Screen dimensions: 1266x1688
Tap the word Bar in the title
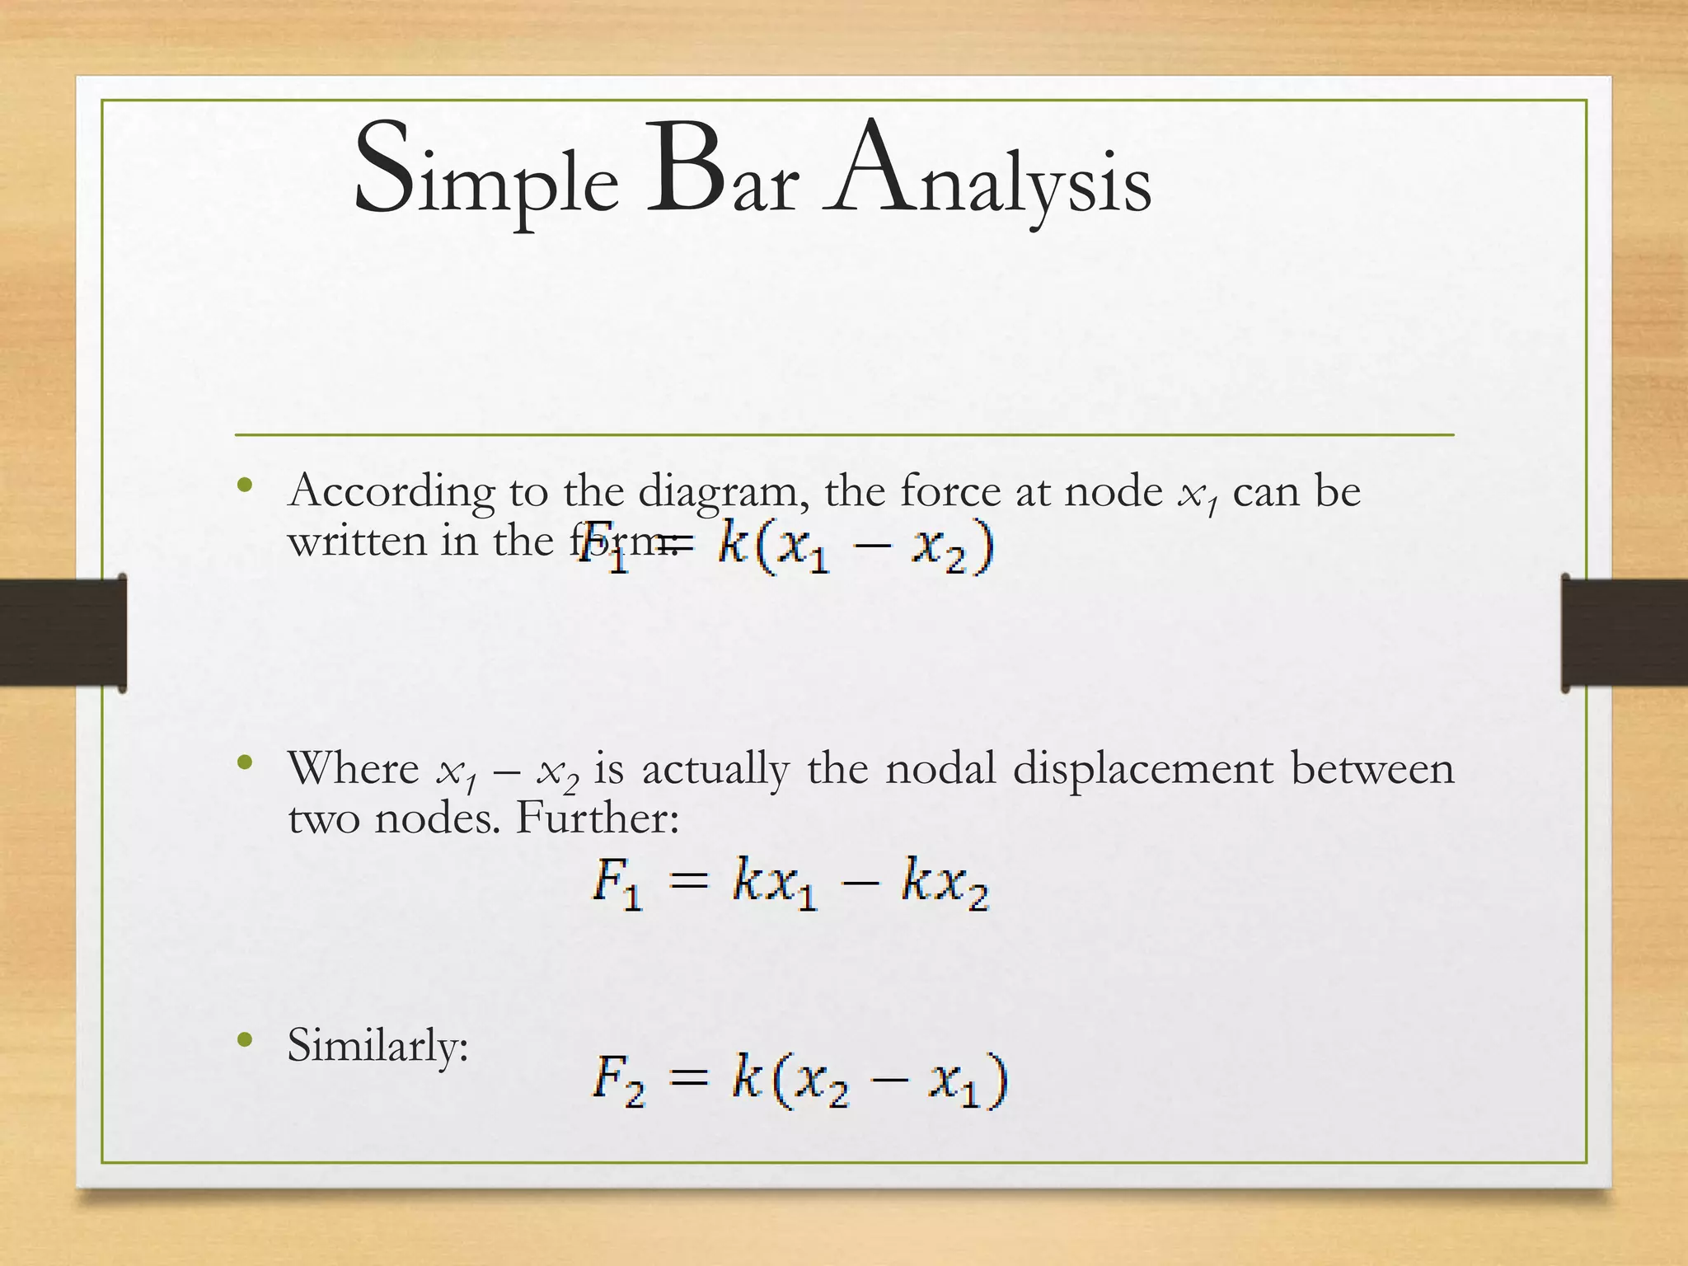click(x=722, y=169)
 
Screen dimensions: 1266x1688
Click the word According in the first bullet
click(x=392, y=492)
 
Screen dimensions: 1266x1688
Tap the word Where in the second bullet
click(x=354, y=768)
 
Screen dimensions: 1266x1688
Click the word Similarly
click(x=377, y=1046)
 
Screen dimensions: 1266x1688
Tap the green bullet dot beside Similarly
click(x=244, y=1040)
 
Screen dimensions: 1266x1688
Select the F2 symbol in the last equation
click(x=618, y=1081)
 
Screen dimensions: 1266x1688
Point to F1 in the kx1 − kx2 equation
click(x=617, y=884)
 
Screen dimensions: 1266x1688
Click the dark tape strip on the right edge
click(x=1624, y=632)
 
